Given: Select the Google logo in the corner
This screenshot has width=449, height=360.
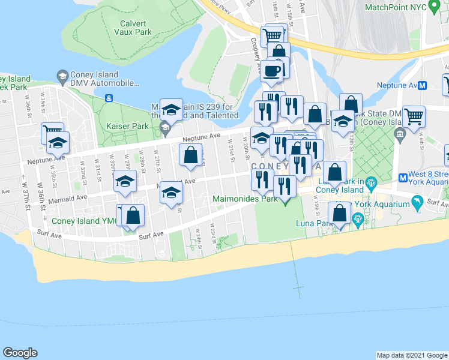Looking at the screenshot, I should [20, 353].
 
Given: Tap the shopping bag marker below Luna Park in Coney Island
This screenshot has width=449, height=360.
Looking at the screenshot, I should [340, 212].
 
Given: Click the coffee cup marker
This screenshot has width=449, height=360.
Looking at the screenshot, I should [271, 71].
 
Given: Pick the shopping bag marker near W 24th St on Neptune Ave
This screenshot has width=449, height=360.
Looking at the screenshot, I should [190, 155].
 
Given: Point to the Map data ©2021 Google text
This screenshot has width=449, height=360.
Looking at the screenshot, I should [412, 355].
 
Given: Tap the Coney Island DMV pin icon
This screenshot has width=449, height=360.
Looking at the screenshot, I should [62, 76].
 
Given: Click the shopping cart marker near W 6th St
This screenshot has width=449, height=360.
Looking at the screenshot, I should [414, 115].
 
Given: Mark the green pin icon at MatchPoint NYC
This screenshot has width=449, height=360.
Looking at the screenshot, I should [438, 7].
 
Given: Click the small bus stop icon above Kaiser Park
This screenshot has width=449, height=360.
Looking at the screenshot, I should [109, 98].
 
